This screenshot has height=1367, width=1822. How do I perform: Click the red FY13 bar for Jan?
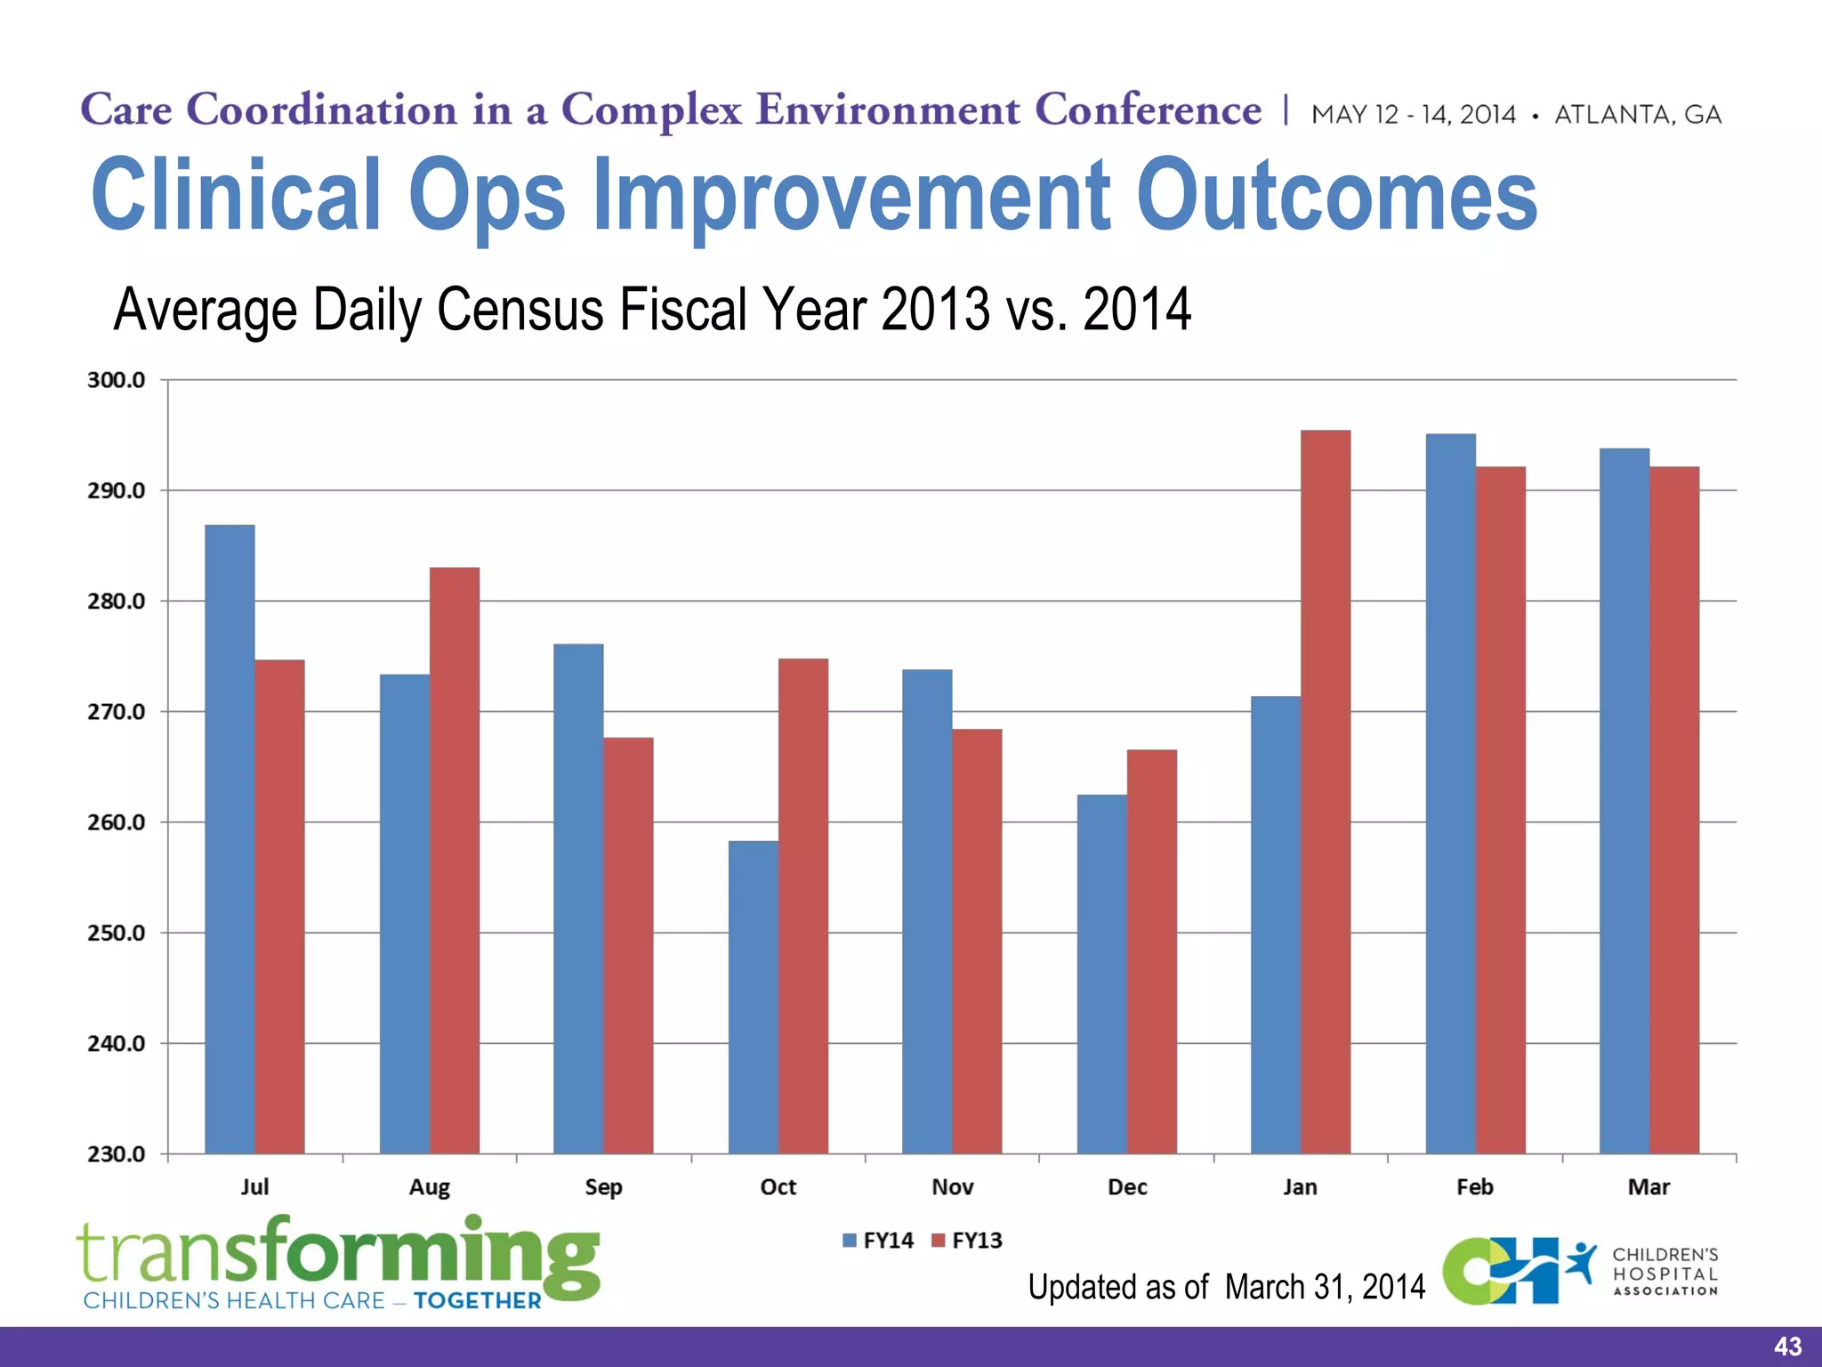pos(1326,792)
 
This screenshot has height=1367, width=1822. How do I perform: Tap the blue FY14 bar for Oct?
pos(753,997)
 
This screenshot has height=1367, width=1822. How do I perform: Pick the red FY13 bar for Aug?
pos(455,860)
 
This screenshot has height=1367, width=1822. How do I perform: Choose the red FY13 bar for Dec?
pos(1151,951)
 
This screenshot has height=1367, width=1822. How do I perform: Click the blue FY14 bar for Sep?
pos(578,899)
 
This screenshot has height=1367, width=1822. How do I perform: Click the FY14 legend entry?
pos(878,1241)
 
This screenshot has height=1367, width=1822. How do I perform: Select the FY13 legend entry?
pos(967,1241)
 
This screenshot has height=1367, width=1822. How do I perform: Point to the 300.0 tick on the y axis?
pos(117,380)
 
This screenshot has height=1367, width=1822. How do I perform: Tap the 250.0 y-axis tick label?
pos(117,933)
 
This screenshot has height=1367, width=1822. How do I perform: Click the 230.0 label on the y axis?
pos(117,1154)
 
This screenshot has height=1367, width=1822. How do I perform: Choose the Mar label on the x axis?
pos(1649,1187)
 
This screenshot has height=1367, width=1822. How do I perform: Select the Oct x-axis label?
pos(778,1187)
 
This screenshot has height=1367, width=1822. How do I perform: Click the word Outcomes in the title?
pos(1336,194)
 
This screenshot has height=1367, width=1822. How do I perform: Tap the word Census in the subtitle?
pos(520,310)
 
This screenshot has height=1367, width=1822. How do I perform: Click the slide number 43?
pos(1787,1347)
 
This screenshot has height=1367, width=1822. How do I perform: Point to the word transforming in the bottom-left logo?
pos(338,1252)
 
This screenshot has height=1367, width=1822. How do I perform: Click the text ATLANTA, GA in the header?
pos(1638,115)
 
